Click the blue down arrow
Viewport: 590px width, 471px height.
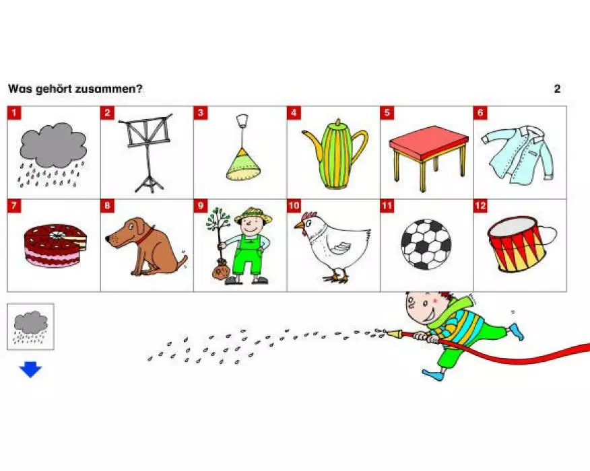(30, 369)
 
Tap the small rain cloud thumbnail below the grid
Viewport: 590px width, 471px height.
(31, 326)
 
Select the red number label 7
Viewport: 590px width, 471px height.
(14, 206)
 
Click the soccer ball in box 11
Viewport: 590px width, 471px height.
(426, 244)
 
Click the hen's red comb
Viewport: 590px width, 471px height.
(309, 216)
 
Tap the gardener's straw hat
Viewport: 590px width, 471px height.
(253, 215)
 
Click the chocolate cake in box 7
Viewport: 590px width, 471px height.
(55, 246)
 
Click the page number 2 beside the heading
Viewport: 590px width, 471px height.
(557, 89)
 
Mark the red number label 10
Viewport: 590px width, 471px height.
(294, 206)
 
